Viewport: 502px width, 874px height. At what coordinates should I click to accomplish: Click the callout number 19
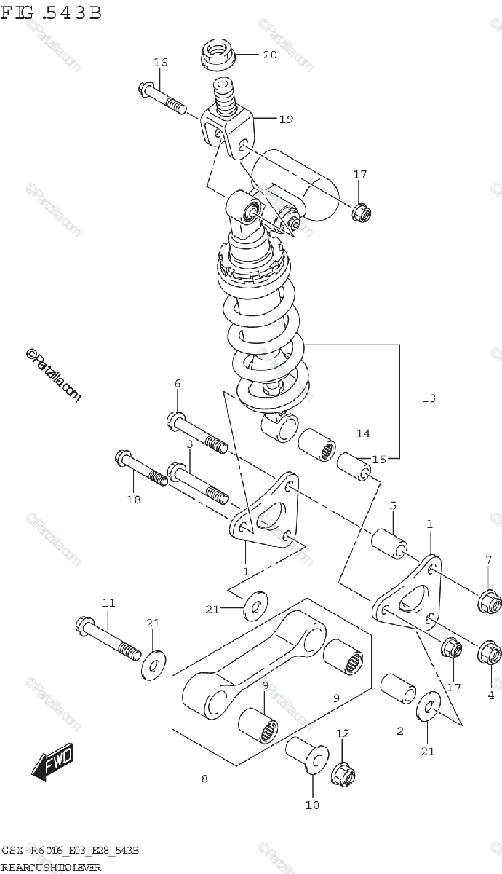pos(285,118)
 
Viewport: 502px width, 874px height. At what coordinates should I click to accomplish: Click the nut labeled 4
pos(489,655)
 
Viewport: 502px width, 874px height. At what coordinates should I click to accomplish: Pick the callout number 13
pos(428,398)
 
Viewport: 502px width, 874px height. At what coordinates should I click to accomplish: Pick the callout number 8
pos(204,779)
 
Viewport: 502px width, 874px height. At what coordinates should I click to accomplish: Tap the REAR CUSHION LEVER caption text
pos(51,868)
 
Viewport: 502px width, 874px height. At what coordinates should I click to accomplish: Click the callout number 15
pos(379,459)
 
